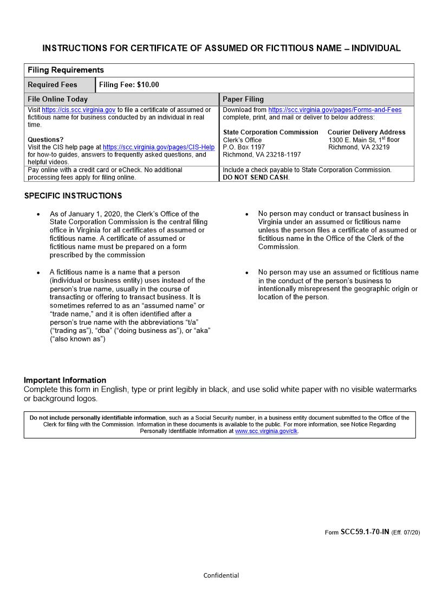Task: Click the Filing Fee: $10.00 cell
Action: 129,85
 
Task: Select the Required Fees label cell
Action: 53,85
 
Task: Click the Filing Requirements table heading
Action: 66,70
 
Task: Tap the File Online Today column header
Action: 57,100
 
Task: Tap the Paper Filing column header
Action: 243,100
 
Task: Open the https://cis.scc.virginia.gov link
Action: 79,110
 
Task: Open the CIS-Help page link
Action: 159,147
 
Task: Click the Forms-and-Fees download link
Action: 335,110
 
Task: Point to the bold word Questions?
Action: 45,140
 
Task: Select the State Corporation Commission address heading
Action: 270,132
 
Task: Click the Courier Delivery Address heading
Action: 366,132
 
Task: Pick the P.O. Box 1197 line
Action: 244,147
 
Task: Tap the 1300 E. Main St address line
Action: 363,140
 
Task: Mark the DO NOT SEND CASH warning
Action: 256,178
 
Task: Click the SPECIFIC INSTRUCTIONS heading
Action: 73,196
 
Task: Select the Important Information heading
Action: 65,380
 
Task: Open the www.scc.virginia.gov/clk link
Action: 266,431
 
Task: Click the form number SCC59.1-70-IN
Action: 365,532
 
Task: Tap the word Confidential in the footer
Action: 221,575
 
